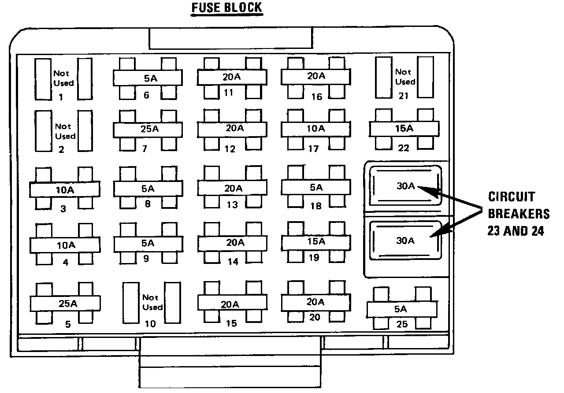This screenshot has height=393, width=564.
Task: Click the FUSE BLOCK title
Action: pos(226,8)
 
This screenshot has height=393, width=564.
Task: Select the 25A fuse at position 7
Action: pos(148,129)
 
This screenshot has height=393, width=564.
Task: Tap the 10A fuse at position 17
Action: pos(316,129)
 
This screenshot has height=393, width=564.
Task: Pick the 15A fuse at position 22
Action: pos(404,129)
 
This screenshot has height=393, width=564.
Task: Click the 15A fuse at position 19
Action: pos(316,241)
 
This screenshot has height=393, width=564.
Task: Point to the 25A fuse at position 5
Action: pos(65,304)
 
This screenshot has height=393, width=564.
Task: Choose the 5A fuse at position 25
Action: pos(401,309)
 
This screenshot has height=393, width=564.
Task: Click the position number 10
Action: pos(150,324)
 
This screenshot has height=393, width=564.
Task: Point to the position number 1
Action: pos(60,97)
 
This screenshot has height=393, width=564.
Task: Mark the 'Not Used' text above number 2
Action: pos(65,131)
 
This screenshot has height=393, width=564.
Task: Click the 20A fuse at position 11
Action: pos(231,77)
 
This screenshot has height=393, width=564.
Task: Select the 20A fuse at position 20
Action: pos(316,302)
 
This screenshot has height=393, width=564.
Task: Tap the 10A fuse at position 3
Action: pos(65,190)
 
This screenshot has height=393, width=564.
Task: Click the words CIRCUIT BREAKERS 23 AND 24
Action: pos(518,214)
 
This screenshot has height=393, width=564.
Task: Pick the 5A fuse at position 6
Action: pos(148,78)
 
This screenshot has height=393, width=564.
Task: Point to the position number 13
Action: pos(232,204)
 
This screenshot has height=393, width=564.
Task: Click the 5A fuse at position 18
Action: pos(316,187)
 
